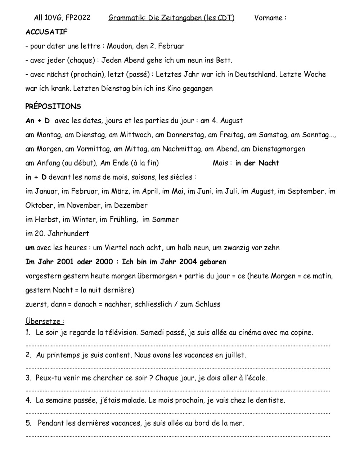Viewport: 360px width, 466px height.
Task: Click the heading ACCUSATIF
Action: (46, 32)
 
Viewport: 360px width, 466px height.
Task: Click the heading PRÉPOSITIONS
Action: (53, 107)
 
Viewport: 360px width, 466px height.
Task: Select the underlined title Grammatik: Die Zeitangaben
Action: (171, 18)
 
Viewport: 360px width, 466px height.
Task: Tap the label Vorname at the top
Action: (268, 18)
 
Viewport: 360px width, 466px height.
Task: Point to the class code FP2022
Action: (78, 18)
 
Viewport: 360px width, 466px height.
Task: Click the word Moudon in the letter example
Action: (119, 46)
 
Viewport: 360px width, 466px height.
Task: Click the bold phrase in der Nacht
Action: (257, 163)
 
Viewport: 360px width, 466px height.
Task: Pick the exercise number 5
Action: (28, 423)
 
